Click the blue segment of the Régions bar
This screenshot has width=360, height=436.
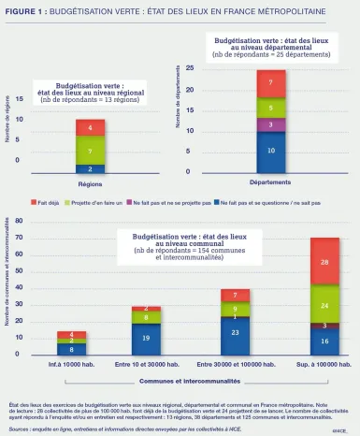91,168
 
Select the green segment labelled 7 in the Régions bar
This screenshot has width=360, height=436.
91,150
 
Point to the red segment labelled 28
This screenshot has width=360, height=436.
324,263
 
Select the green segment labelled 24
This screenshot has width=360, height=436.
324,305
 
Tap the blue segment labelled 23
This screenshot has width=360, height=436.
235,332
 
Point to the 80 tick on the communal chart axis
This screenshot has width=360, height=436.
20,222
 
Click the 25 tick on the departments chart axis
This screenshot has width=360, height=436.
190,68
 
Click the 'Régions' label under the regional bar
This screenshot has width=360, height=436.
90,183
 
